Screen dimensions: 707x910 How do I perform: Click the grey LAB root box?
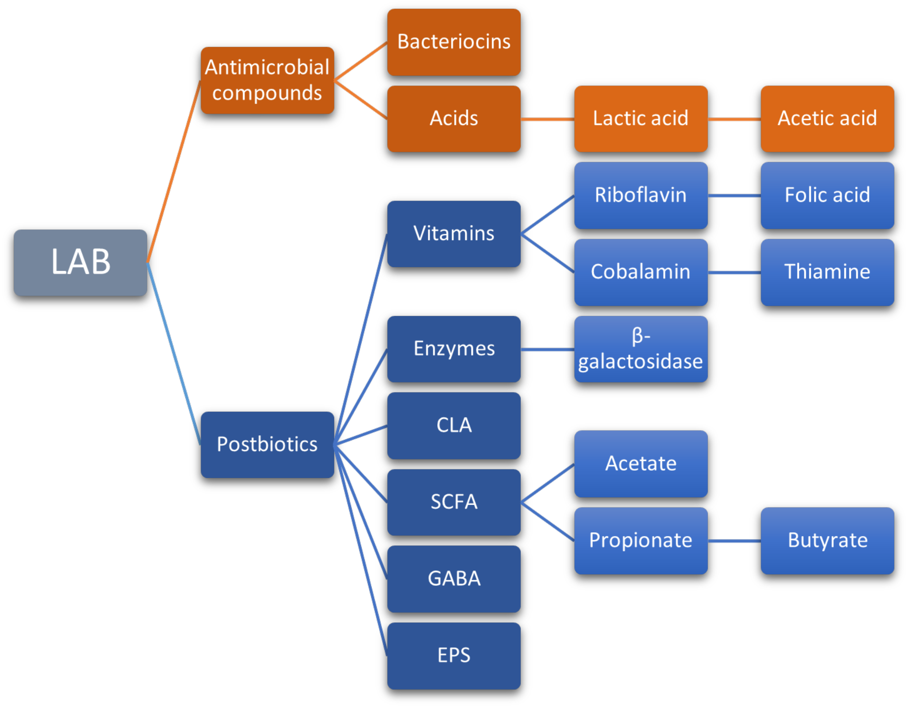80,263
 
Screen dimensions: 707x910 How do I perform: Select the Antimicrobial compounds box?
267,80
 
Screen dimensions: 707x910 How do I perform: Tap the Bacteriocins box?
454,42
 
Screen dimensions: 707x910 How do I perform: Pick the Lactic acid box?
640,118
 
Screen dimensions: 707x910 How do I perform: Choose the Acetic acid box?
827,118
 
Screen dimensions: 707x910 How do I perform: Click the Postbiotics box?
267,444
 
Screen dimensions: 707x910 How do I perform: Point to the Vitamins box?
454,233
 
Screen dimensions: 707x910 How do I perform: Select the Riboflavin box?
640,195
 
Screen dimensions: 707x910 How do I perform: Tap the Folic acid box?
827,195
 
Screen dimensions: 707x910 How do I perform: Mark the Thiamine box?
827,272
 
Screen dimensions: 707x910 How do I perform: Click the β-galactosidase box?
640,349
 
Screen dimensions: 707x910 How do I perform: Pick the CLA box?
454,425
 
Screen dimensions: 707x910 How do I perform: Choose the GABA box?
454,579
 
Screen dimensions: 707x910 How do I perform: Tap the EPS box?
454,655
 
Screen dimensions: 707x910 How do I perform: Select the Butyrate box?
827,540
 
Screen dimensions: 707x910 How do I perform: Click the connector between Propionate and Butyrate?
734,541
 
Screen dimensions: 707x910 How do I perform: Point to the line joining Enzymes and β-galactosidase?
547,349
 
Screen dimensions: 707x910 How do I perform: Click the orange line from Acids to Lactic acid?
547,119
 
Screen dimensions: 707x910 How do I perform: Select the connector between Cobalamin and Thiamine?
734,272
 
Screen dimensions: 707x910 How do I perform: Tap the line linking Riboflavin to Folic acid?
734,195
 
